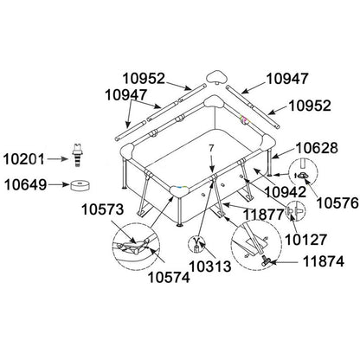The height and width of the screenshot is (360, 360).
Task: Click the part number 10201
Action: [x=23, y=159]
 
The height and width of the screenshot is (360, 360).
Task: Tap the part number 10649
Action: [x=25, y=184]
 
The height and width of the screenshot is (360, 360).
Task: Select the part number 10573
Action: [x=102, y=209]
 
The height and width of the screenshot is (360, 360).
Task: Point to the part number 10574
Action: [x=169, y=278]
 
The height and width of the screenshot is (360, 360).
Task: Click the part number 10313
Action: [x=210, y=267]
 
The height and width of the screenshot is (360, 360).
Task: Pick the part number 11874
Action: [x=324, y=261]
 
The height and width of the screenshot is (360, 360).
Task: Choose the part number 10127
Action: [x=305, y=239]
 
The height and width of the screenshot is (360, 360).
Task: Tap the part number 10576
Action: [x=337, y=203]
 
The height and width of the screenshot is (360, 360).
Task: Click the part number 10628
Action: [x=317, y=148]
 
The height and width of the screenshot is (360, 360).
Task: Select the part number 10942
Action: [x=286, y=192]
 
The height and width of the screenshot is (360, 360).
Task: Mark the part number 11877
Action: [x=264, y=215]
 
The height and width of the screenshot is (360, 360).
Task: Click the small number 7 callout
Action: [x=211, y=149]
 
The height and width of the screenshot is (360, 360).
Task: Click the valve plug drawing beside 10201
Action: [x=77, y=155]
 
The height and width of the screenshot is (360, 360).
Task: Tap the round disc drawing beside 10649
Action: [x=80, y=185]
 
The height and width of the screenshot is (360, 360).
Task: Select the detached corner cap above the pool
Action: [x=216, y=76]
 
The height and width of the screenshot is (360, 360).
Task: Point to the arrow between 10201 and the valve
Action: [x=57, y=159]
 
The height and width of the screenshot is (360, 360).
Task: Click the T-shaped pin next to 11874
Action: [x=265, y=261]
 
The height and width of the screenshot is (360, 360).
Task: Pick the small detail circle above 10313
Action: [x=196, y=244]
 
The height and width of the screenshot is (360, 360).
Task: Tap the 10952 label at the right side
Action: [x=310, y=106]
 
